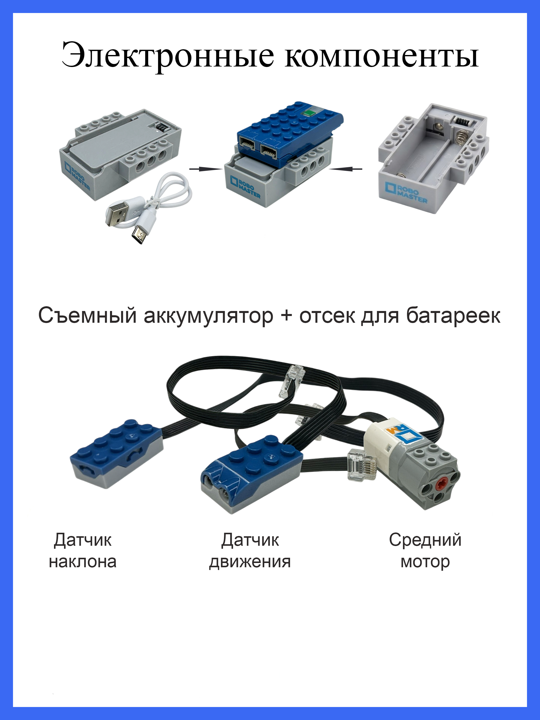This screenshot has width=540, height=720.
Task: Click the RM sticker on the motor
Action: coord(403,434)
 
